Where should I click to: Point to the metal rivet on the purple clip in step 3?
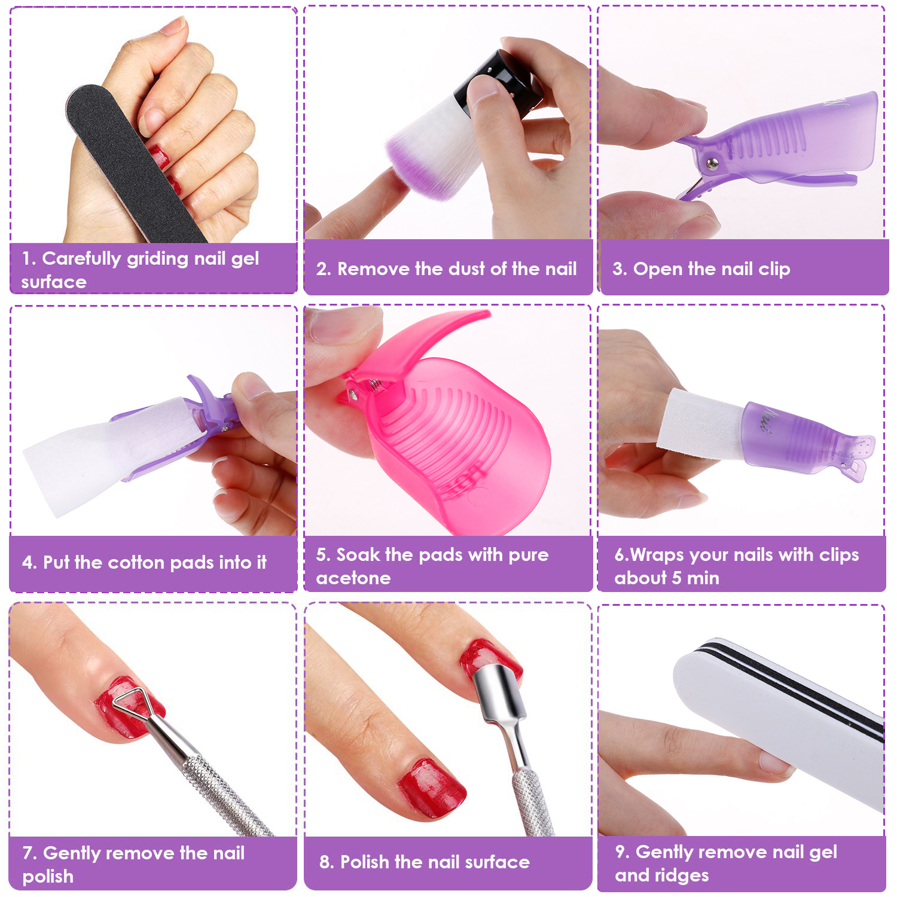pos(711,163)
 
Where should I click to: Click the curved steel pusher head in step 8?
pos(496,688)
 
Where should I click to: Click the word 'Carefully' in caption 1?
pos(81,259)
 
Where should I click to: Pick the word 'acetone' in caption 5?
pos(353,578)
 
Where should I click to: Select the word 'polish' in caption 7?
pos(48,877)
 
